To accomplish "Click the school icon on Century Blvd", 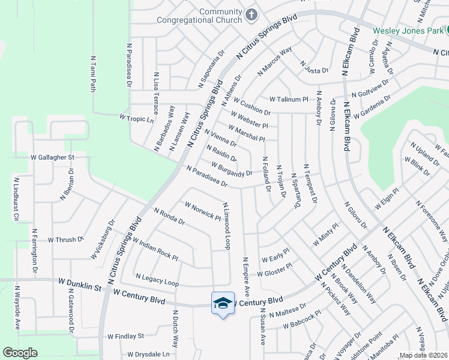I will click(223, 303).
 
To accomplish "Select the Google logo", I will click(20, 353).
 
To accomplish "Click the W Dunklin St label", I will click(81, 281).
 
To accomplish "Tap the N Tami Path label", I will click(93, 74).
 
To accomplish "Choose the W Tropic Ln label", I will click(137, 119).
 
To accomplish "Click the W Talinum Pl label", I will click(288, 99).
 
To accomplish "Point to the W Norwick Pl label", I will click(203, 211).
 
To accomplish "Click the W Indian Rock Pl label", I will click(154, 249).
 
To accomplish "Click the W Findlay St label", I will click(125, 337).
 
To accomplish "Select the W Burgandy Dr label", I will click(232, 169).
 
